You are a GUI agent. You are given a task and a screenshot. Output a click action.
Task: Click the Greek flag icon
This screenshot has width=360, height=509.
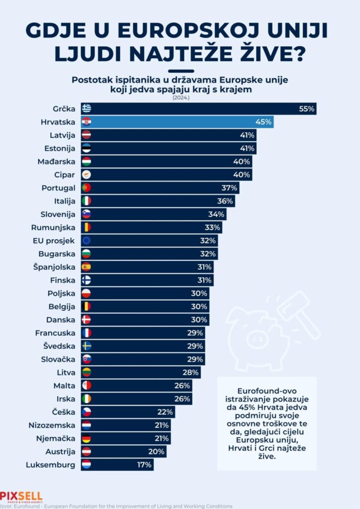pos(87,108)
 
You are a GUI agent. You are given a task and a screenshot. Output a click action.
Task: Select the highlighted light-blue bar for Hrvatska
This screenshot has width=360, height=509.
pos(177,122)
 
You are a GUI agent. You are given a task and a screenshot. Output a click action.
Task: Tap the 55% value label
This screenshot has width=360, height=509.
pos(307,108)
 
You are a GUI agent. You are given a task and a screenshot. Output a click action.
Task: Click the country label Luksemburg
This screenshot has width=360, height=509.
pos(50,465)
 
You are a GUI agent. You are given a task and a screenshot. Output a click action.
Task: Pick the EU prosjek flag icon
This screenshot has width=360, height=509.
pos(87,241)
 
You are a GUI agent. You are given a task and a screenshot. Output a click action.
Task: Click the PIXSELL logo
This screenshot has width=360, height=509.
pos(21,497)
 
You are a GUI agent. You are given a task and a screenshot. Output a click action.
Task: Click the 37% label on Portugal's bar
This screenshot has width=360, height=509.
pos(229,188)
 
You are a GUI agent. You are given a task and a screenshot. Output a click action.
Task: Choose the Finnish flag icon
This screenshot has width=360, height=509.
pos(87,280)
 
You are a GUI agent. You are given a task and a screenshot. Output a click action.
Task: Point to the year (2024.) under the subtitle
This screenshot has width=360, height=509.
pos(180,98)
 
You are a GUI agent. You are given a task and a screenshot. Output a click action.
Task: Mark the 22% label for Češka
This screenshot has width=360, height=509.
pos(165,412)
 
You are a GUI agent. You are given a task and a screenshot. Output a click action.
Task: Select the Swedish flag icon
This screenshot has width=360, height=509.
pos(87,346)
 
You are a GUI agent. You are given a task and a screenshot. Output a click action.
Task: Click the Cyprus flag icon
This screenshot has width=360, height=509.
pos(87,174)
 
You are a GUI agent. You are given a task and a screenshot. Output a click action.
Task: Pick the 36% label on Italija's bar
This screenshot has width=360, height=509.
pos(225,201)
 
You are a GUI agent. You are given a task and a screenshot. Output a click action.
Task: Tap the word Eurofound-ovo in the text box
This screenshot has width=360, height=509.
pos(267,391)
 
